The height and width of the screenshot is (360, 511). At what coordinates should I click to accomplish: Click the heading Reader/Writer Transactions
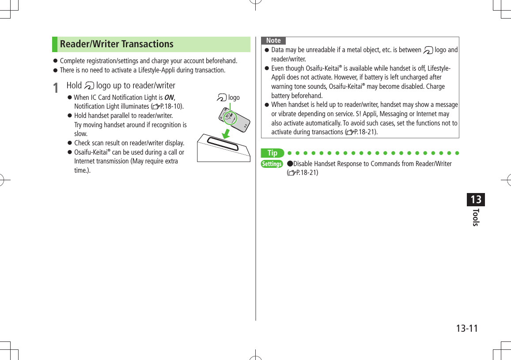[117, 44]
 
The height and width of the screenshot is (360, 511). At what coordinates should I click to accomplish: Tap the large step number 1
[56, 87]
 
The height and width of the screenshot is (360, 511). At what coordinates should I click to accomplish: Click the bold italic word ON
[169, 97]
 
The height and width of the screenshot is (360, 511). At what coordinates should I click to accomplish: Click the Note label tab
[273, 41]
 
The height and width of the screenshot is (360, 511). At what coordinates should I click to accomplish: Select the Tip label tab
[273, 153]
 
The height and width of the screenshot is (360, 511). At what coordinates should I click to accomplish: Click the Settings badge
[272, 164]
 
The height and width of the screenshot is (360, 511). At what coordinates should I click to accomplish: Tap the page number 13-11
[467, 328]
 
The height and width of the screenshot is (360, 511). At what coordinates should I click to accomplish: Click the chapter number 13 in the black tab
[476, 200]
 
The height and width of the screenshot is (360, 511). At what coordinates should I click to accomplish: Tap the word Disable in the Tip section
[303, 164]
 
